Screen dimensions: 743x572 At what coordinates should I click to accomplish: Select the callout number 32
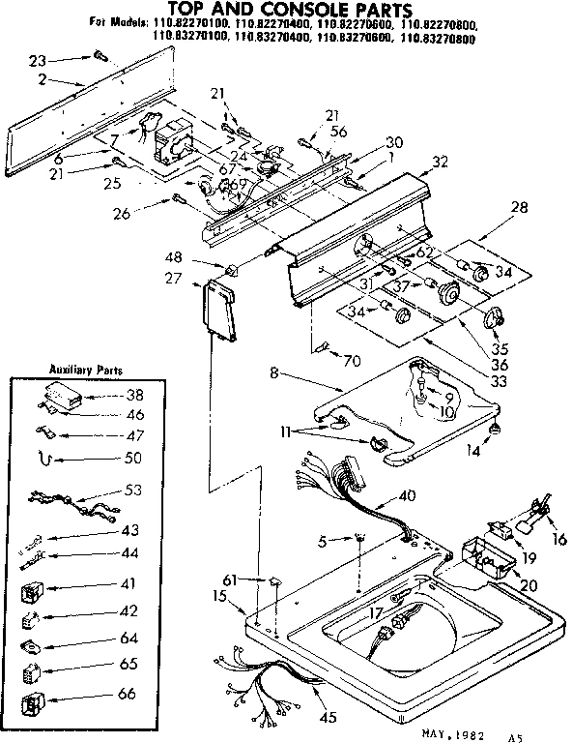coord(441,163)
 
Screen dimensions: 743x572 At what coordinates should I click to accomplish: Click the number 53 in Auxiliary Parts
coord(133,490)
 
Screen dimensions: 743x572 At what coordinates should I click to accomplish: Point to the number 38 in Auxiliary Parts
coord(133,395)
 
